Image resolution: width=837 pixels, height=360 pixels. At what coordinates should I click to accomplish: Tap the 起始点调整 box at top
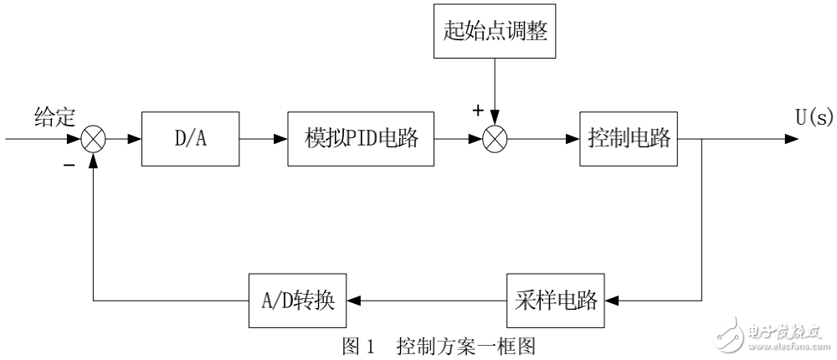tap(495, 34)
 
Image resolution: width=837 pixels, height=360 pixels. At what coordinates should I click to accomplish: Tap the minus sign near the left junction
tap(69, 165)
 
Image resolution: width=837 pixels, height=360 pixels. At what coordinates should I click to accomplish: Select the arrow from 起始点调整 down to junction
tap(495, 92)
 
